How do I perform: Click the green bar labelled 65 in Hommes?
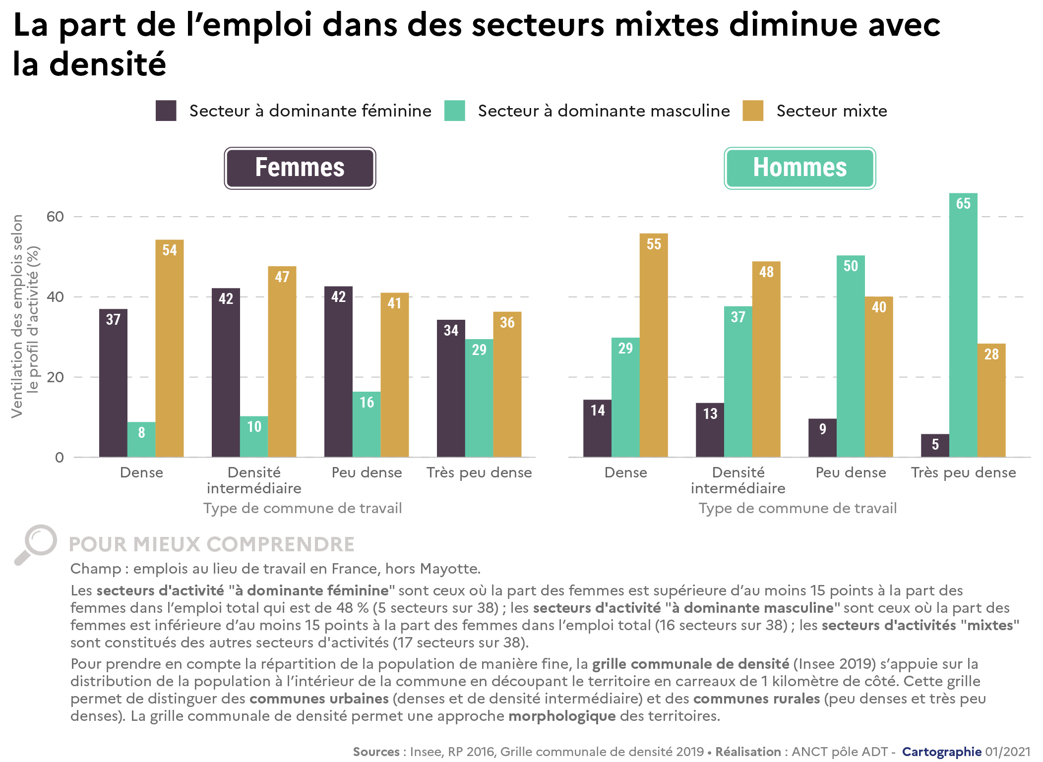[963, 325]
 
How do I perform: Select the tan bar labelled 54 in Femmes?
[169, 348]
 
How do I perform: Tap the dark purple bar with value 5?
[935, 445]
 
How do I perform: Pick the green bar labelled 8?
[141, 439]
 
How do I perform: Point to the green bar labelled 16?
[367, 424]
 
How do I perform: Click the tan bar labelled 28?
[991, 400]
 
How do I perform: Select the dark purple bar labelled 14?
[597, 428]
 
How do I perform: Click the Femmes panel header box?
[300, 168]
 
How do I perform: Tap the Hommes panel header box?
[799, 168]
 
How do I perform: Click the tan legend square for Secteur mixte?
[752, 111]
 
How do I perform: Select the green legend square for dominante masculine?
[454, 111]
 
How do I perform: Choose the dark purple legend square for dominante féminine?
[166, 111]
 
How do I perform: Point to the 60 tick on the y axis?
[55, 217]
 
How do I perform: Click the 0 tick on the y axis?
[60, 457]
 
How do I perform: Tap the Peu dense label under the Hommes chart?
[851, 472]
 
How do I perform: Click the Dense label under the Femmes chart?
[141, 472]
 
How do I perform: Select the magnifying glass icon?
[36, 544]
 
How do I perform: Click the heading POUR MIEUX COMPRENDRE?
[211, 544]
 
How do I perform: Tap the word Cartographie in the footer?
[941, 752]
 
